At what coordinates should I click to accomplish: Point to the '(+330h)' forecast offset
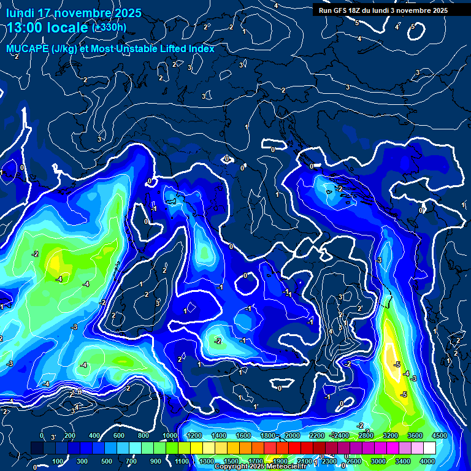point(109,28)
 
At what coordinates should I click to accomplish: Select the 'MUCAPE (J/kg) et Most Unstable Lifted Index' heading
point(110,48)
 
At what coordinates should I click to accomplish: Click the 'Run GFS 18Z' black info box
point(381,10)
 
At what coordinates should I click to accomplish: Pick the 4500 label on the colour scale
point(438,435)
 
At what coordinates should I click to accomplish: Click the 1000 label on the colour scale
point(169,435)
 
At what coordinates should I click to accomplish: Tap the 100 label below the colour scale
point(59,461)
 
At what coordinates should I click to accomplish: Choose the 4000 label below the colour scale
point(427,461)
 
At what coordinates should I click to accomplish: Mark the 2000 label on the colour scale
point(293,435)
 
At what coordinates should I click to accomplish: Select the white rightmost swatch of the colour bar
point(429,448)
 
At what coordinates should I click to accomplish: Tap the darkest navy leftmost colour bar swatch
point(37,448)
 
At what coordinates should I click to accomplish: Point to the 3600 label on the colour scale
point(415,435)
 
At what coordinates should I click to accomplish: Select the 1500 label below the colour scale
point(231,461)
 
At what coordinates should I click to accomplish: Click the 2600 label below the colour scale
point(354,461)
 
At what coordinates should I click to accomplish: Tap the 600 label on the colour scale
point(119,435)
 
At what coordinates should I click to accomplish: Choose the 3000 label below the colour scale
point(378,461)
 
